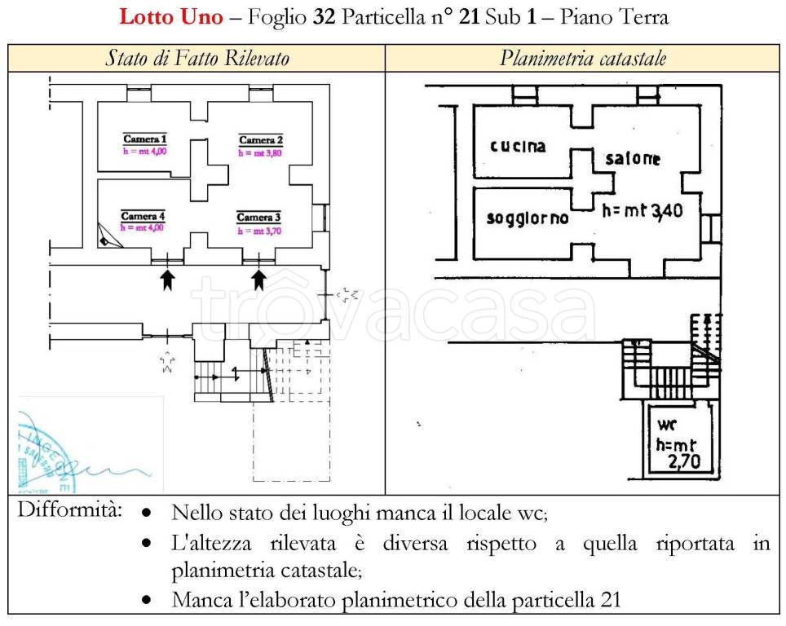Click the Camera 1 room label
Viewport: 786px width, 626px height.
tap(144, 138)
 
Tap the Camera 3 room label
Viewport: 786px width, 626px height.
tap(258, 218)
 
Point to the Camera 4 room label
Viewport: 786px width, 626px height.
tap(143, 216)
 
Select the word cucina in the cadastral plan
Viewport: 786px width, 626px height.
tap(518, 147)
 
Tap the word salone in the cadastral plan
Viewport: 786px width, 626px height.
tap(632, 159)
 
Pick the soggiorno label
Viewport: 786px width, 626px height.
tap(528, 219)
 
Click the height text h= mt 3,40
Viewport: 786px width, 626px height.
tap(647, 211)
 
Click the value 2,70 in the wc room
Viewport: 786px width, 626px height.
tap(684, 465)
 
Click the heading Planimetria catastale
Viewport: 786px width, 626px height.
tap(583, 59)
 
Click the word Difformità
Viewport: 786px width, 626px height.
tap(70, 511)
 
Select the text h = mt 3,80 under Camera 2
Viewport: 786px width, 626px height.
tap(260, 152)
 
